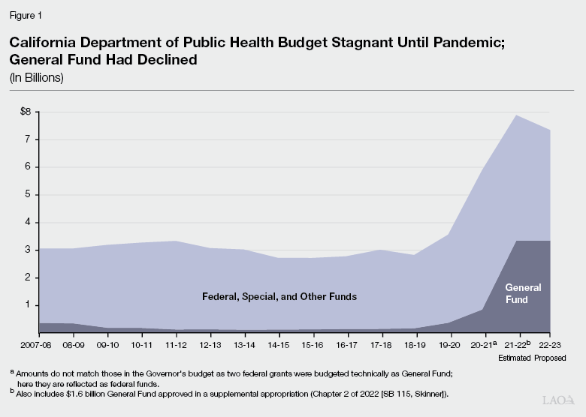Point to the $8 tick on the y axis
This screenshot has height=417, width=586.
pyautogui.click(x=26, y=112)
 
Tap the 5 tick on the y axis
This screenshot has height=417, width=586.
pyautogui.click(x=26, y=195)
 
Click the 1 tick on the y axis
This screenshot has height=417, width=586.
pyautogui.click(x=26, y=305)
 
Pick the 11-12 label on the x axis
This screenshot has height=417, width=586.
pyautogui.click(x=175, y=346)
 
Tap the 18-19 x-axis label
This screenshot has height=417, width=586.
pyautogui.click(x=415, y=346)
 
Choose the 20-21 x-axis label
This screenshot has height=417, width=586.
pyautogui.click(x=482, y=346)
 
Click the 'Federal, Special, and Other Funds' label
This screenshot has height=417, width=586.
pyautogui.click(x=279, y=296)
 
